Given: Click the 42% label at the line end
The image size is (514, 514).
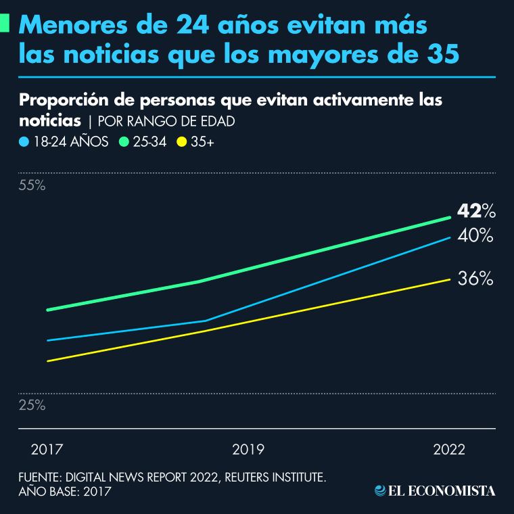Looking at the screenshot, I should [x=476, y=212].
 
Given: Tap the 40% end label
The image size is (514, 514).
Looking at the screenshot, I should [x=476, y=236].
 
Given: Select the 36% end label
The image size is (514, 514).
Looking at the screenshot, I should [x=475, y=279].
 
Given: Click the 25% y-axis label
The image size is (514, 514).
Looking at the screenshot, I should [x=32, y=406].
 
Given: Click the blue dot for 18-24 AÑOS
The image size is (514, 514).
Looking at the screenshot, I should [x=24, y=142].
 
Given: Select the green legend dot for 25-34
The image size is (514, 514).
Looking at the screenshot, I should [x=124, y=142].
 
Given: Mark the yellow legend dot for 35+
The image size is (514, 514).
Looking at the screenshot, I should [x=181, y=142].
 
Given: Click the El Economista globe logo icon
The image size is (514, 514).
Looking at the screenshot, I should [x=380, y=490].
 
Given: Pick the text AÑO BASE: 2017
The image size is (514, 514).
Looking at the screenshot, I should [x=65, y=492].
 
